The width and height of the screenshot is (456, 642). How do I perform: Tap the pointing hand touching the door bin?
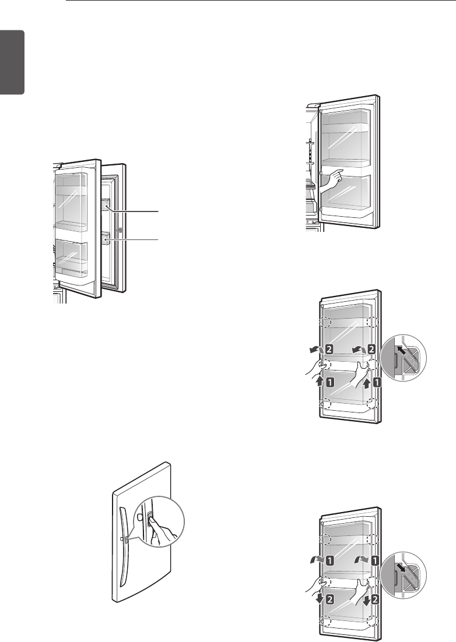[331, 179]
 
